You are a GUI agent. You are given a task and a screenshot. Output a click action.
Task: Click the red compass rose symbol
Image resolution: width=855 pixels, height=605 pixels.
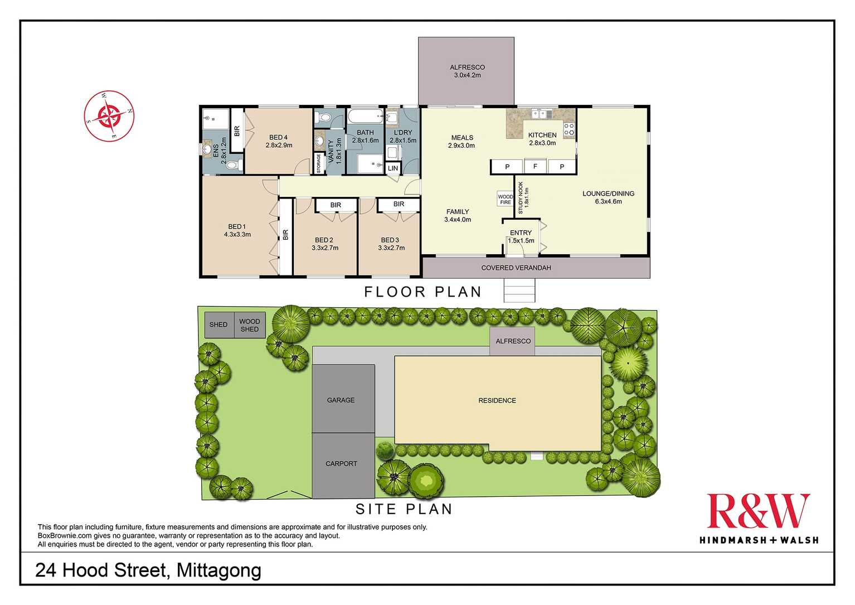[x=109, y=116]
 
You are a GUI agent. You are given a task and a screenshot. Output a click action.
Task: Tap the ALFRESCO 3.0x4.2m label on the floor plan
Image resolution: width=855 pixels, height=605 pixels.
[x=467, y=71]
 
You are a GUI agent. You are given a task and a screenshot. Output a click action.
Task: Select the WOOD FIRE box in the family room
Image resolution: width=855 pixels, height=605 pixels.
[x=505, y=199]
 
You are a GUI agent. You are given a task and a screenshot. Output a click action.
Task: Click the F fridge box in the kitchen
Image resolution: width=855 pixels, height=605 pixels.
[x=535, y=166]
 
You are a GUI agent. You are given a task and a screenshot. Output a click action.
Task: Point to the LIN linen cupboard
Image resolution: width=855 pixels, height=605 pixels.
[x=393, y=168]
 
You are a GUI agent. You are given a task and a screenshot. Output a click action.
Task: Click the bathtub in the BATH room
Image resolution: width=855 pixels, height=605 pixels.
[x=365, y=116]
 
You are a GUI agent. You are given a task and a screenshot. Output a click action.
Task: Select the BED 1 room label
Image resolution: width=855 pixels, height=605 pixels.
[x=237, y=231]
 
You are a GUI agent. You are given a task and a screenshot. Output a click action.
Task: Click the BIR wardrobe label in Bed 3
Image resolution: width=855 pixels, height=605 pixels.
[x=399, y=204]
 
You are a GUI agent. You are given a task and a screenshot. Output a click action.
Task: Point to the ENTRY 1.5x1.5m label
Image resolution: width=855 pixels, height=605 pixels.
[x=521, y=237]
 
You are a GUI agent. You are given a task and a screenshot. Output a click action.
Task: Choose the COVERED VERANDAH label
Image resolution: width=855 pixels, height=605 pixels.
[x=516, y=268]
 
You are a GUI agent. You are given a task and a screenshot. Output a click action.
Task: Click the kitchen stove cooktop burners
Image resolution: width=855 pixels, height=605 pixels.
[x=569, y=129]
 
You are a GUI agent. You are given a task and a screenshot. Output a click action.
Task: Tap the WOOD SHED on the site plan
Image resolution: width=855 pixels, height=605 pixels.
[x=250, y=325]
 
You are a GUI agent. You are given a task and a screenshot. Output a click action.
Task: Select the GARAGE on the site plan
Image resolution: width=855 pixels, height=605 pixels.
[x=343, y=399]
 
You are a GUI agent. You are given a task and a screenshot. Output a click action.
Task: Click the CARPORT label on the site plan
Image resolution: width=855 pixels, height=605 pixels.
[x=341, y=464]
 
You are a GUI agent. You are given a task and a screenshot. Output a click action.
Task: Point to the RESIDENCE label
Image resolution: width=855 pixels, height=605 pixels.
[x=497, y=401]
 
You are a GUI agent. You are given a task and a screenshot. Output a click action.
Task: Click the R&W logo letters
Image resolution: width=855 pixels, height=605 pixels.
[x=758, y=511]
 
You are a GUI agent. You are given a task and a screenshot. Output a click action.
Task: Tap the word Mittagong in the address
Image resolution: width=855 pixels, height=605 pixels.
[x=219, y=570]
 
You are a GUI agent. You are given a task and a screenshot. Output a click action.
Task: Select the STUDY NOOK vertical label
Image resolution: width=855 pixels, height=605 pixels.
[x=523, y=198]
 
